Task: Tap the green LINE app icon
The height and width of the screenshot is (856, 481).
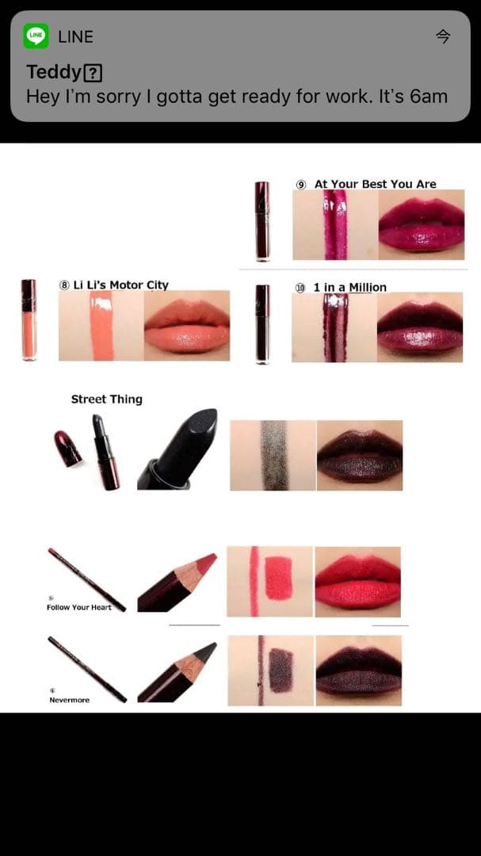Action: (x=36, y=36)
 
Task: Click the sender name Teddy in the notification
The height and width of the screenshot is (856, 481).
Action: (x=54, y=73)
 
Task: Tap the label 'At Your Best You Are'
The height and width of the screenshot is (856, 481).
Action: (x=375, y=184)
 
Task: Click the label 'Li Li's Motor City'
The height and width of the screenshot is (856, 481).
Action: (x=120, y=285)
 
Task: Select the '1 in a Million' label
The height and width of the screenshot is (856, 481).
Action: (x=350, y=287)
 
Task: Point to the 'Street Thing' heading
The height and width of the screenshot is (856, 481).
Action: (x=106, y=399)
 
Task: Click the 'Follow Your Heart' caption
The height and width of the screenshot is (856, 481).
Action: (x=78, y=607)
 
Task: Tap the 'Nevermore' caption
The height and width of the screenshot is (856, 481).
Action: (x=70, y=700)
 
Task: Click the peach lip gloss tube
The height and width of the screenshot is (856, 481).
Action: (x=29, y=320)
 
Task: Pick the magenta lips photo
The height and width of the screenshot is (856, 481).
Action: (x=421, y=224)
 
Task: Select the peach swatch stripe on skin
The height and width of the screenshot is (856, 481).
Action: (x=101, y=326)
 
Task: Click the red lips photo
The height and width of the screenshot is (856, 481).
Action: (x=357, y=582)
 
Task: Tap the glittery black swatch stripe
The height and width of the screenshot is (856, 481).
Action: (x=274, y=455)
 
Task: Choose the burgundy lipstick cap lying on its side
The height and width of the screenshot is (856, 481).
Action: (x=67, y=448)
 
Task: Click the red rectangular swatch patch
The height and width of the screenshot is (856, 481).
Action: (x=278, y=578)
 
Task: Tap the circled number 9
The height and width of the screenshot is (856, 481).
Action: (x=301, y=185)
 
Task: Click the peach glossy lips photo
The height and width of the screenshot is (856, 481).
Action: (x=187, y=326)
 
